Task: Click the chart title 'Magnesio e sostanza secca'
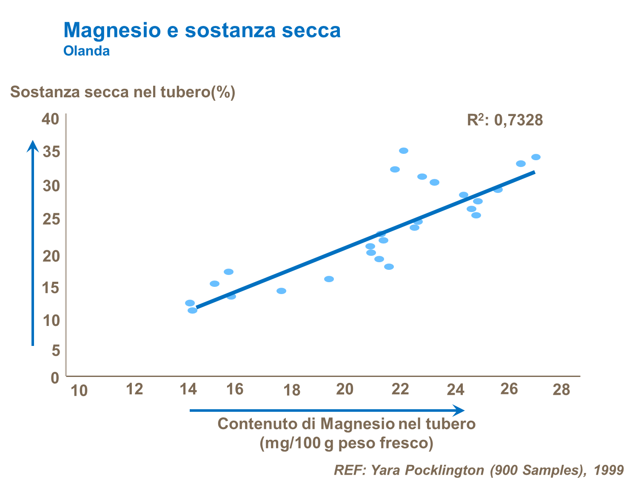point(202,30)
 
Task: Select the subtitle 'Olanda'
point(86,51)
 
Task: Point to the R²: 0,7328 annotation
point(505,120)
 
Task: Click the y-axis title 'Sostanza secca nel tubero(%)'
point(122,92)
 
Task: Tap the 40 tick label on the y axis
point(50,119)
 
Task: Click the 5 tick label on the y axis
point(55,351)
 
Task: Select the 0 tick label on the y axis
point(55,377)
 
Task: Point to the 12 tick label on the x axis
point(135,389)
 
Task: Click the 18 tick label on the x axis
point(292,390)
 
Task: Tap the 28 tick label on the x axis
point(561,389)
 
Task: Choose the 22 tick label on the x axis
point(400,389)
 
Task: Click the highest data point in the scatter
point(404,151)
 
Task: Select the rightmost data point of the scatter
point(536,157)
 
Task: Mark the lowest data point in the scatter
point(192,310)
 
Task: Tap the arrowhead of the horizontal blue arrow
point(459,411)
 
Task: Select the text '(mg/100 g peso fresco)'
point(346,443)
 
